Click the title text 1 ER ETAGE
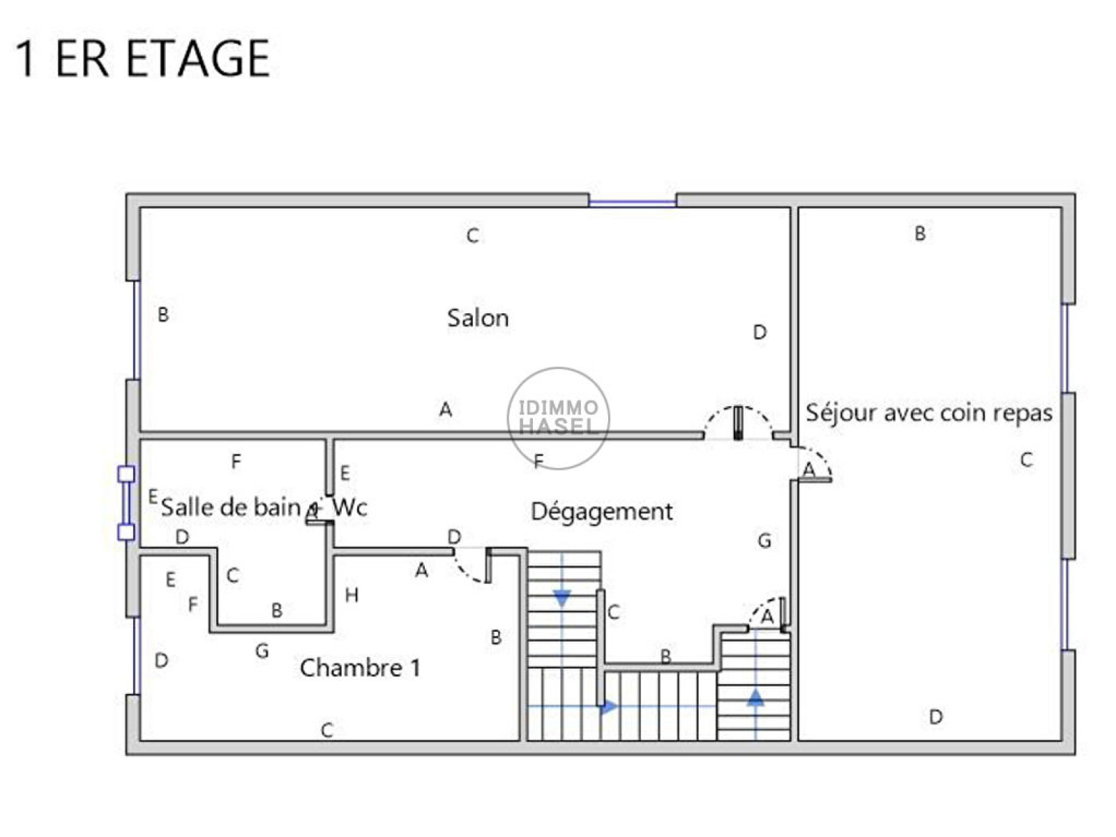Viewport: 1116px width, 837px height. [142, 59]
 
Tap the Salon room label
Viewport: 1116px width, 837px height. [477, 317]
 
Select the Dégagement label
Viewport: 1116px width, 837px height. [601, 511]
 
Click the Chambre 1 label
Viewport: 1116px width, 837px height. [360, 668]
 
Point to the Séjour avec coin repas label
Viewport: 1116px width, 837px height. [929, 412]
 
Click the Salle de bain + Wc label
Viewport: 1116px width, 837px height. [264, 507]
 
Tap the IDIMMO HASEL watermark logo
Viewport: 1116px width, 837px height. [558, 418]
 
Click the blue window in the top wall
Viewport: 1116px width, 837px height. [633, 203]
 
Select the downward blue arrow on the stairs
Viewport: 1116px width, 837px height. [561, 598]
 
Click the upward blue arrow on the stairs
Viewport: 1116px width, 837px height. [755, 697]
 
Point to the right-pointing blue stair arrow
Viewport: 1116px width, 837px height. [609, 707]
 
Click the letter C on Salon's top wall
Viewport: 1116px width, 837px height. [472, 235]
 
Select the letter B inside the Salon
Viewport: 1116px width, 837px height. [163, 314]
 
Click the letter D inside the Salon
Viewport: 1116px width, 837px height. [760, 332]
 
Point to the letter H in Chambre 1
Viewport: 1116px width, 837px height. [352, 594]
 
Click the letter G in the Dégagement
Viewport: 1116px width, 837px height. [764, 540]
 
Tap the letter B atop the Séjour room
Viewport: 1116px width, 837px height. [920, 233]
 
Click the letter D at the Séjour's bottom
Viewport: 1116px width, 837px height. [935, 717]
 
